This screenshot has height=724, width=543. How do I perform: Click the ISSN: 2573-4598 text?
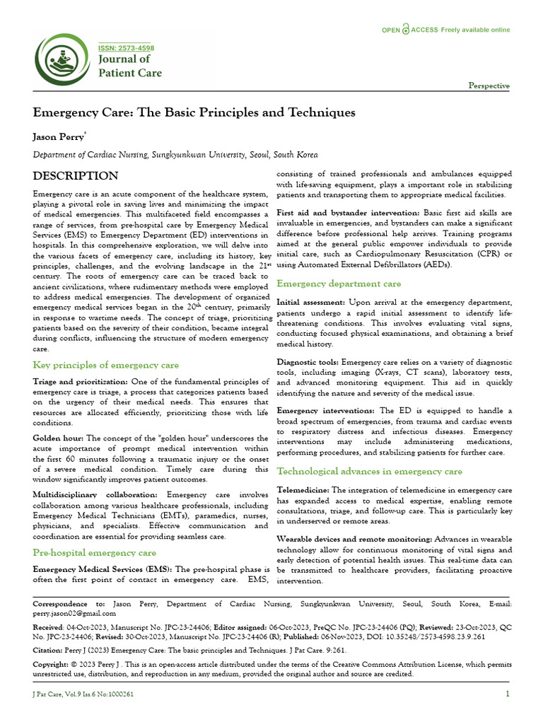[126, 48]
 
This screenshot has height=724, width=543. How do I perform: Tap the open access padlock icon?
[406, 30]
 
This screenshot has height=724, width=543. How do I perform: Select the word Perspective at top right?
[489, 86]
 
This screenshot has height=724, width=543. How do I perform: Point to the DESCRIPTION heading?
[76, 176]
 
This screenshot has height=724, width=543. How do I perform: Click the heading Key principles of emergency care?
[106, 365]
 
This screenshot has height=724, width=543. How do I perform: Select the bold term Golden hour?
[58, 438]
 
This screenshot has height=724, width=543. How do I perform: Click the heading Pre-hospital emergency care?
[95, 552]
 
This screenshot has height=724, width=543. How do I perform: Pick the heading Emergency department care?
[339, 284]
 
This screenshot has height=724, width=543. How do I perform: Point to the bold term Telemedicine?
[303, 489]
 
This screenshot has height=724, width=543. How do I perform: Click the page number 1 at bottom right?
[508, 694]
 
